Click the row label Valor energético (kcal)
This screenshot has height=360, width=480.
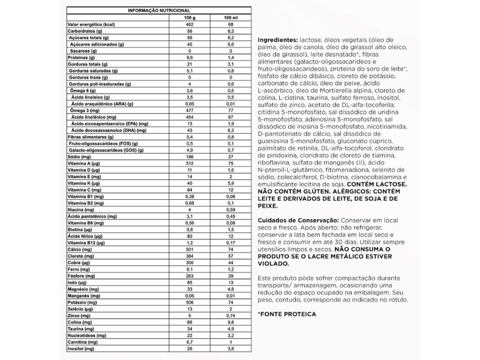[x=91, y=23]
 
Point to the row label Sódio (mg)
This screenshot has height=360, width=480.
[x=79, y=155]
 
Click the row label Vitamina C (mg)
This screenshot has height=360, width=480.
[x=83, y=189]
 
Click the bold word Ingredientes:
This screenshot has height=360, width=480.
[x=278, y=39]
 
